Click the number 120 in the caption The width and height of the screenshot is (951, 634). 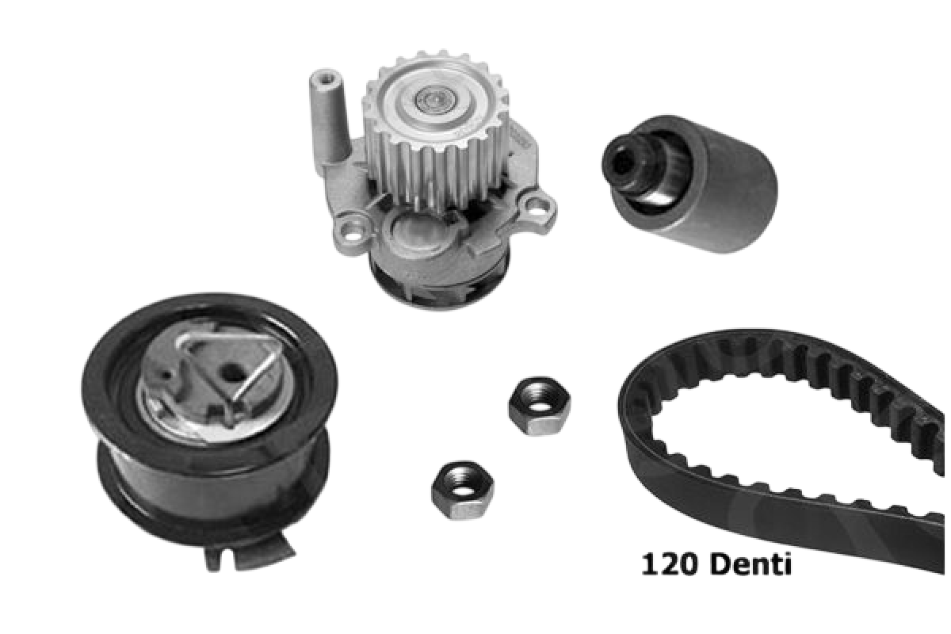[669, 564]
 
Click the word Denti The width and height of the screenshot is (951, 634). [750, 563]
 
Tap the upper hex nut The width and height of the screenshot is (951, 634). [539, 406]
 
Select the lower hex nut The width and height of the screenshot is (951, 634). [462, 490]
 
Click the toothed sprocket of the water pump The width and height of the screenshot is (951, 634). [435, 129]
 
